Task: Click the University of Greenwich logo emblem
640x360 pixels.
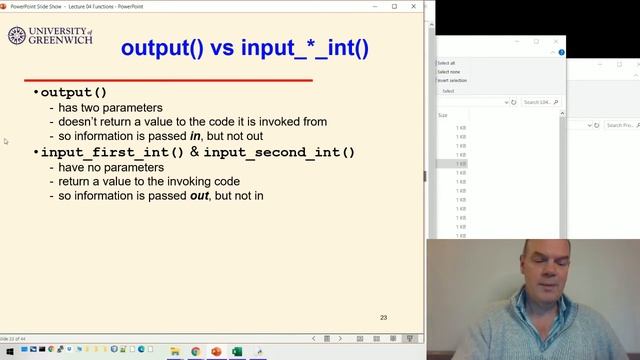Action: click(x=17, y=37)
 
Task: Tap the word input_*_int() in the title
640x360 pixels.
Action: click(x=305, y=47)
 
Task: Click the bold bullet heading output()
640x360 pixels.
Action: click(x=73, y=93)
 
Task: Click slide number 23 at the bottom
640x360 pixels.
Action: click(x=383, y=318)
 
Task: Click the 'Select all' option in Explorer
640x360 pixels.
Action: click(x=446, y=62)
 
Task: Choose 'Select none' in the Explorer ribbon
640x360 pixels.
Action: click(x=448, y=71)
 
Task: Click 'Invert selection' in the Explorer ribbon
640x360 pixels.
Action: click(x=452, y=80)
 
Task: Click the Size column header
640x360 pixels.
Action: click(x=443, y=115)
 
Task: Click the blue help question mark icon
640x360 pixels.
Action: click(x=562, y=51)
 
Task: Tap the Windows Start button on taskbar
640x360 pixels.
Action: click(x=9, y=351)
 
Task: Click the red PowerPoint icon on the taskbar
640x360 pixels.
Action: click(x=216, y=351)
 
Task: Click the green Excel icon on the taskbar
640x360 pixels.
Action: click(x=237, y=351)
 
